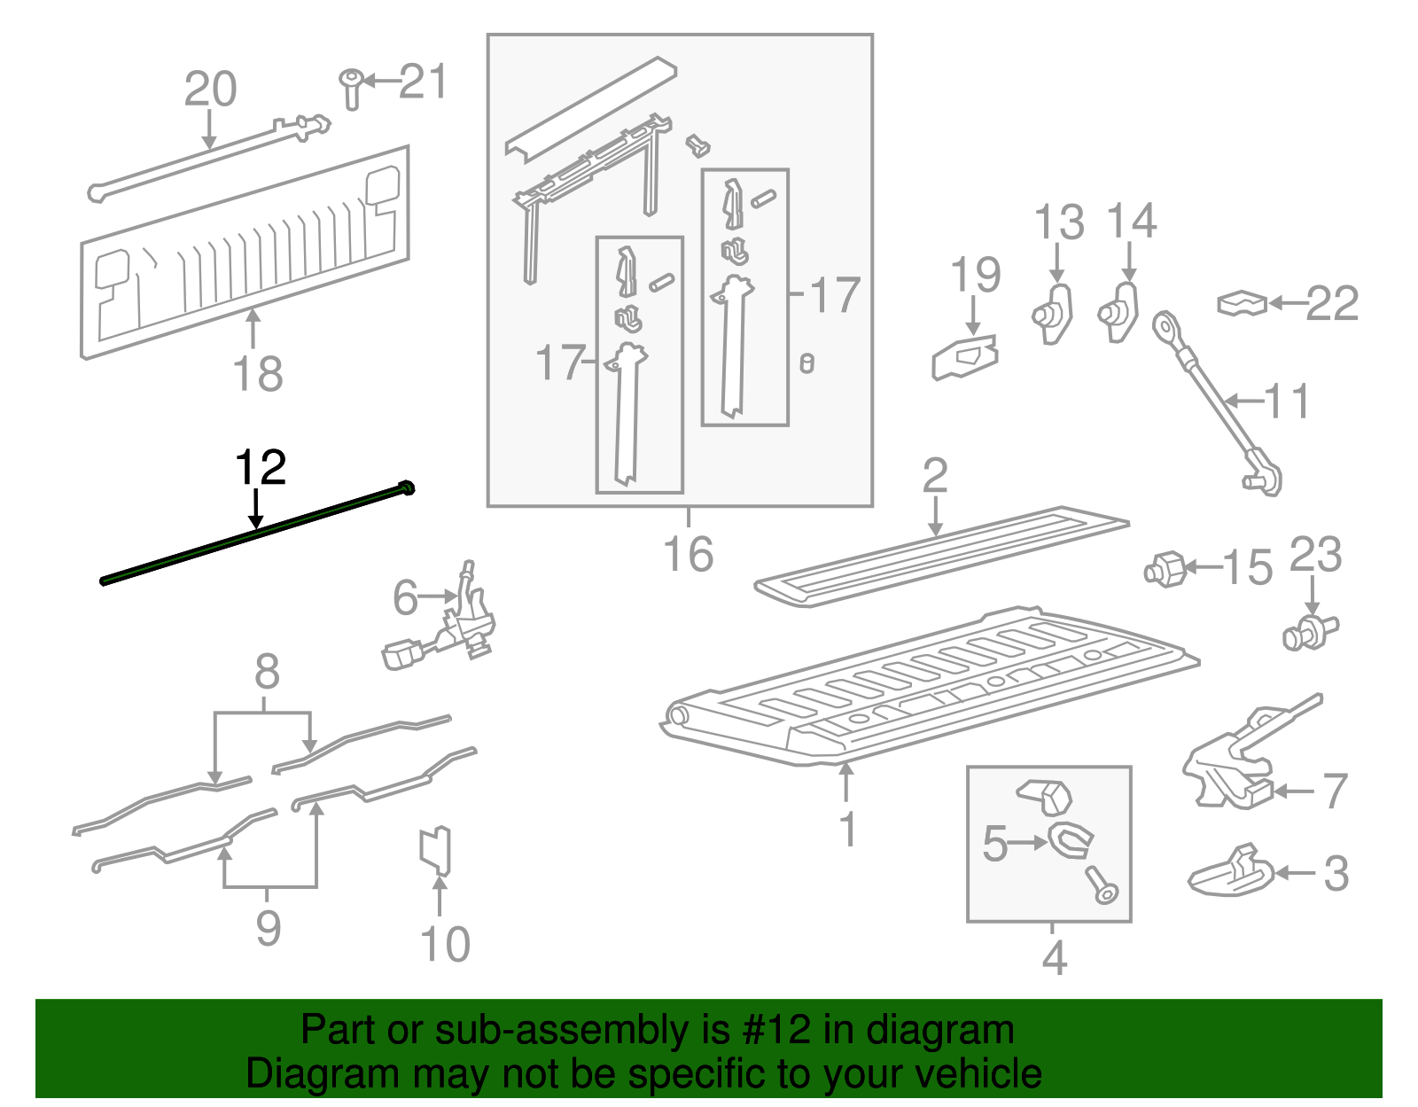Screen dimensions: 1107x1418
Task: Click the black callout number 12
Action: tap(261, 468)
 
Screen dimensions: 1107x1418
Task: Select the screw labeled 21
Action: tap(351, 89)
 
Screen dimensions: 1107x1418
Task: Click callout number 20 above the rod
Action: tap(210, 90)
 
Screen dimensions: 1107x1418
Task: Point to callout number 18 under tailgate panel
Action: tap(258, 373)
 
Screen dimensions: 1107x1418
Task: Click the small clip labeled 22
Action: tap(1243, 304)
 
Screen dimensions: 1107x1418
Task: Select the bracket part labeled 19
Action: tap(966, 357)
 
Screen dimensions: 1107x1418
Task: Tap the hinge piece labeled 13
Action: tap(1054, 313)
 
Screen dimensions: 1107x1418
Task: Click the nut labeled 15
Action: tap(1165, 568)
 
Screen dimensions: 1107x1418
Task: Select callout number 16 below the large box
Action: tap(688, 555)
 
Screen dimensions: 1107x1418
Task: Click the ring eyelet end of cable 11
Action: tap(1164, 327)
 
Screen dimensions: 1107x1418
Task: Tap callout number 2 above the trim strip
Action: tap(935, 476)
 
